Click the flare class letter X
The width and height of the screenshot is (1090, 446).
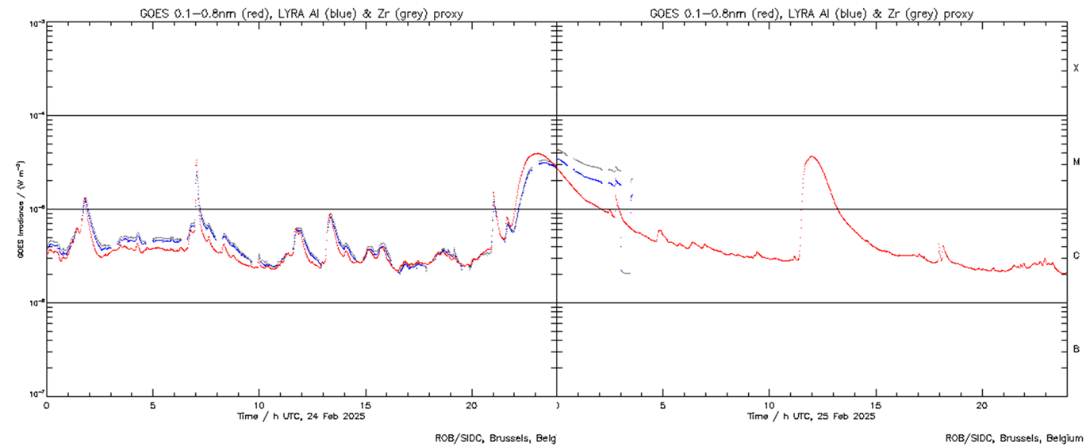1076,68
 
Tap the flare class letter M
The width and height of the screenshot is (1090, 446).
1076,162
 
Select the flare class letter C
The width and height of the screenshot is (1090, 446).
1076,256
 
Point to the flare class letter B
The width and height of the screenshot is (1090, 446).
1076,349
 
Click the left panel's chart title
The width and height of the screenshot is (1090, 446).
301,13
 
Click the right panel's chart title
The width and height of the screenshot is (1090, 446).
812,13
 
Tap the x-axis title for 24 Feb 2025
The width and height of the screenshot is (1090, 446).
301,416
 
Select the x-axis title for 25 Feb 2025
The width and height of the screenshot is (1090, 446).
812,416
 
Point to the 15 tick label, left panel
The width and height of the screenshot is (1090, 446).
365,404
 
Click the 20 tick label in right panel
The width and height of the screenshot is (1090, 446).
982,404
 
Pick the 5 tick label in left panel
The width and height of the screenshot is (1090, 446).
152,404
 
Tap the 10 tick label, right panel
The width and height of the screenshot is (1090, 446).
770,404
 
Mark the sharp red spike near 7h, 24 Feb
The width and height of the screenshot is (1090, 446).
196,160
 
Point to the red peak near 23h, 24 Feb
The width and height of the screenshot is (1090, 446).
536,153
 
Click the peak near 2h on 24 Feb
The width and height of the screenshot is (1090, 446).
85,198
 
